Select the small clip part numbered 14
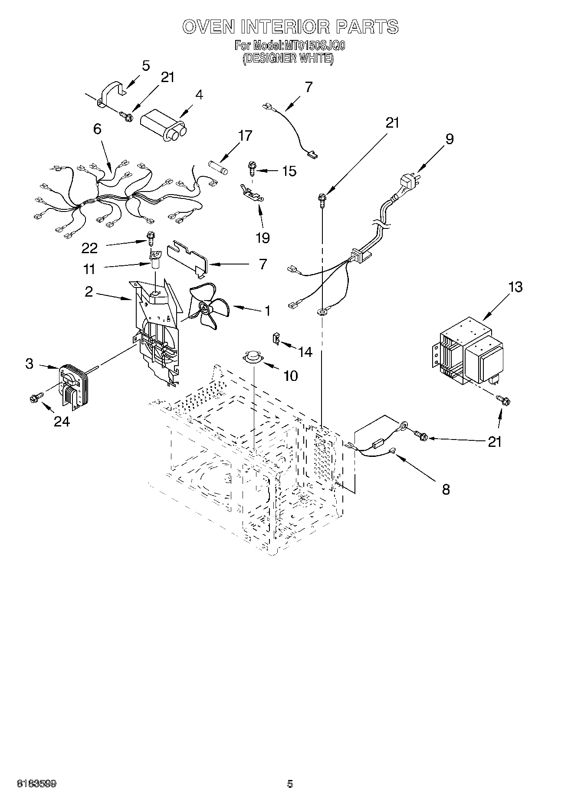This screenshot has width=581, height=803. (276, 338)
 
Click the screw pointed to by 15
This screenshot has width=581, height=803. (251, 167)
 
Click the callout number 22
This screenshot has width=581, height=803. (89, 248)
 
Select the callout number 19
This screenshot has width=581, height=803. (263, 237)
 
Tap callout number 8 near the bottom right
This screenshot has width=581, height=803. (446, 489)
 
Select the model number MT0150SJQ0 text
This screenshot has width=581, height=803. (315, 45)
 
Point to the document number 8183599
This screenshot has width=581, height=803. (36, 784)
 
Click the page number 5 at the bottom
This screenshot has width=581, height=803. (290, 784)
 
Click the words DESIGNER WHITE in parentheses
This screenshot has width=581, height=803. (288, 59)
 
